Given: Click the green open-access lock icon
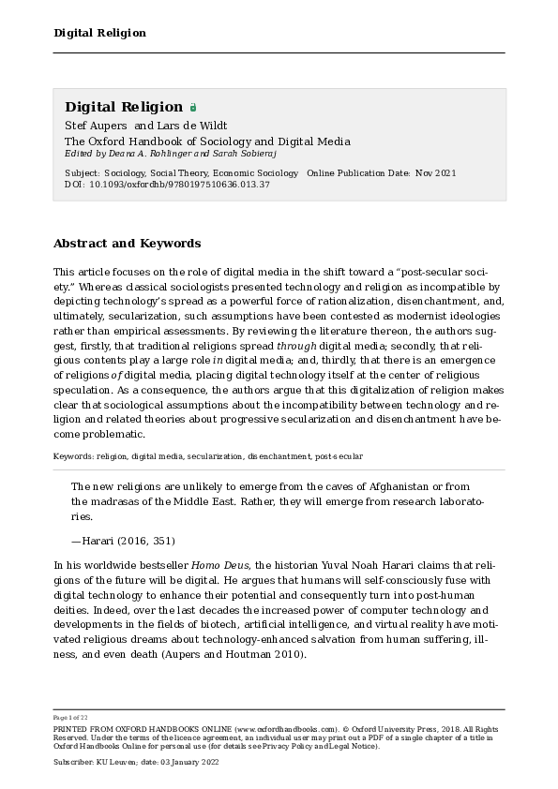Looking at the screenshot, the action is pos(193,108).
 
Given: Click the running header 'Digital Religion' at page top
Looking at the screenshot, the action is pos(99,33).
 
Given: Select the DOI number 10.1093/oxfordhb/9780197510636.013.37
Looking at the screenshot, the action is pos(179,185).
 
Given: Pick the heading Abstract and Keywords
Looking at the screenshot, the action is pos(127,244).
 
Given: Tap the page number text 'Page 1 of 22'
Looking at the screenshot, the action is pos(70,718).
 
